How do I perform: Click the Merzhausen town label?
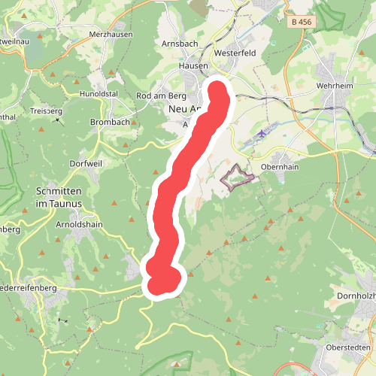(110, 35)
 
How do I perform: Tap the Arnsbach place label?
(180, 44)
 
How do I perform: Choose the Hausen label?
(193, 66)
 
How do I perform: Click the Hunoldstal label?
(99, 95)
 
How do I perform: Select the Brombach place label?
(110, 122)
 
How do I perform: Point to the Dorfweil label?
(84, 163)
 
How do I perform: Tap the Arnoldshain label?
(79, 224)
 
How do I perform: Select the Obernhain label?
(280, 167)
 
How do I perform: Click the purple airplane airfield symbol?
(261, 134)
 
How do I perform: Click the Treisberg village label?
(47, 111)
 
